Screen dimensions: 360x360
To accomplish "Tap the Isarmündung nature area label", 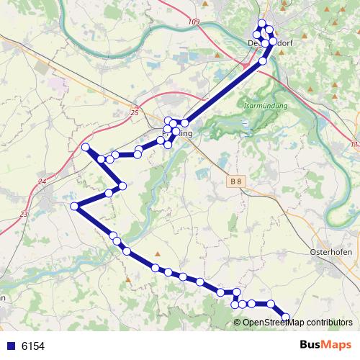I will [x=266, y=107].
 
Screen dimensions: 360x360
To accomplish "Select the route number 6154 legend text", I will [x=33, y=346].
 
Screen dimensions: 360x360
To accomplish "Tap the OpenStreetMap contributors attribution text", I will [x=297, y=322].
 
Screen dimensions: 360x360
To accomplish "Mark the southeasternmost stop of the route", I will [x=286, y=317].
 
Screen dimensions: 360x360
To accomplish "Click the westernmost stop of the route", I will [x=74, y=207].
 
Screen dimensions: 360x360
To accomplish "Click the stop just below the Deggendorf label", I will [x=263, y=61].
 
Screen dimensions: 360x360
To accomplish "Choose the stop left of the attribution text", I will [x=235, y=305].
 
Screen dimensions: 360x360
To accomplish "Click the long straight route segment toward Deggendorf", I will [x=223, y=91].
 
